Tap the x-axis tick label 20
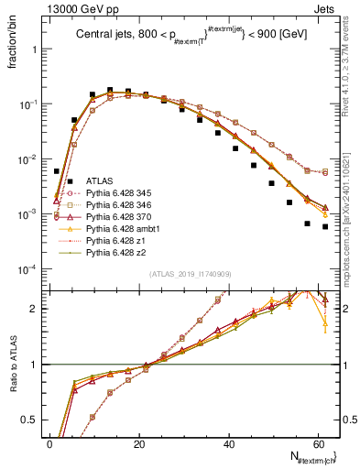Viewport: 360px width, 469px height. [x=139, y=443]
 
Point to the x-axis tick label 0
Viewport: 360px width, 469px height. [x=50, y=443]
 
